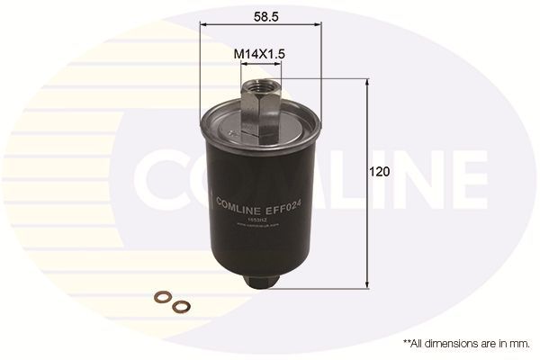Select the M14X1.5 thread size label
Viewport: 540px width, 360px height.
tap(260, 55)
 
